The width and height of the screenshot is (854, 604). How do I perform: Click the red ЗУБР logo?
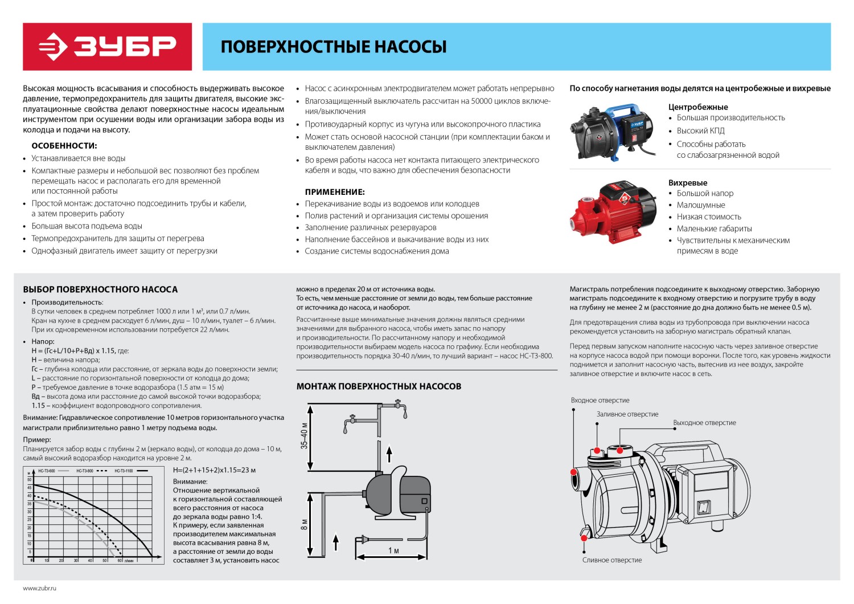(107, 47)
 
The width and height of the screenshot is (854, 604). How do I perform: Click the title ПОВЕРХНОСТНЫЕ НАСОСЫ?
(333, 47)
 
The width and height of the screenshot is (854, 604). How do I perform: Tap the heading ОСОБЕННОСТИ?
(64, 146)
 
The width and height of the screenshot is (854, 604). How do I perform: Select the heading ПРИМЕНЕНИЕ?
(335, 192)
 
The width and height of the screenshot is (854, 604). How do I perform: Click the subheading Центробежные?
(697, 107)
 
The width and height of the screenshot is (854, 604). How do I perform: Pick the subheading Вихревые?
(688, 182)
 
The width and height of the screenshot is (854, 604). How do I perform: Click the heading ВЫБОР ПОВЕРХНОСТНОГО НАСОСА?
(100, 289)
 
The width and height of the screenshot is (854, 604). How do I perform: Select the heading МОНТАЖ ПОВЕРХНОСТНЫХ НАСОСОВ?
(379, 386)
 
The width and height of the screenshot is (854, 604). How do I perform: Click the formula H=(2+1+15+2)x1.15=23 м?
(214, 470)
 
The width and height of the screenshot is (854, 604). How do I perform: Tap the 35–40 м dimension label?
(304, 436)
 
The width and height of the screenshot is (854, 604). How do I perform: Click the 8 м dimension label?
(304, 524)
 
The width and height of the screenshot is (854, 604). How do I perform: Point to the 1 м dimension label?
(393, 550)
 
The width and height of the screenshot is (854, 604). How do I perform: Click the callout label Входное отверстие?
(600, 401)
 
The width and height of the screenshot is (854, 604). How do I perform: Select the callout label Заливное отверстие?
(627, 414)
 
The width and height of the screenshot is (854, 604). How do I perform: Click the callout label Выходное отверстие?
(704, 423)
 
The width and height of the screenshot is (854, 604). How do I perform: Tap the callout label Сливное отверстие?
(612, 560)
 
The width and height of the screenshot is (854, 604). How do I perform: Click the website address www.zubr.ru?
(40, 587)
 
